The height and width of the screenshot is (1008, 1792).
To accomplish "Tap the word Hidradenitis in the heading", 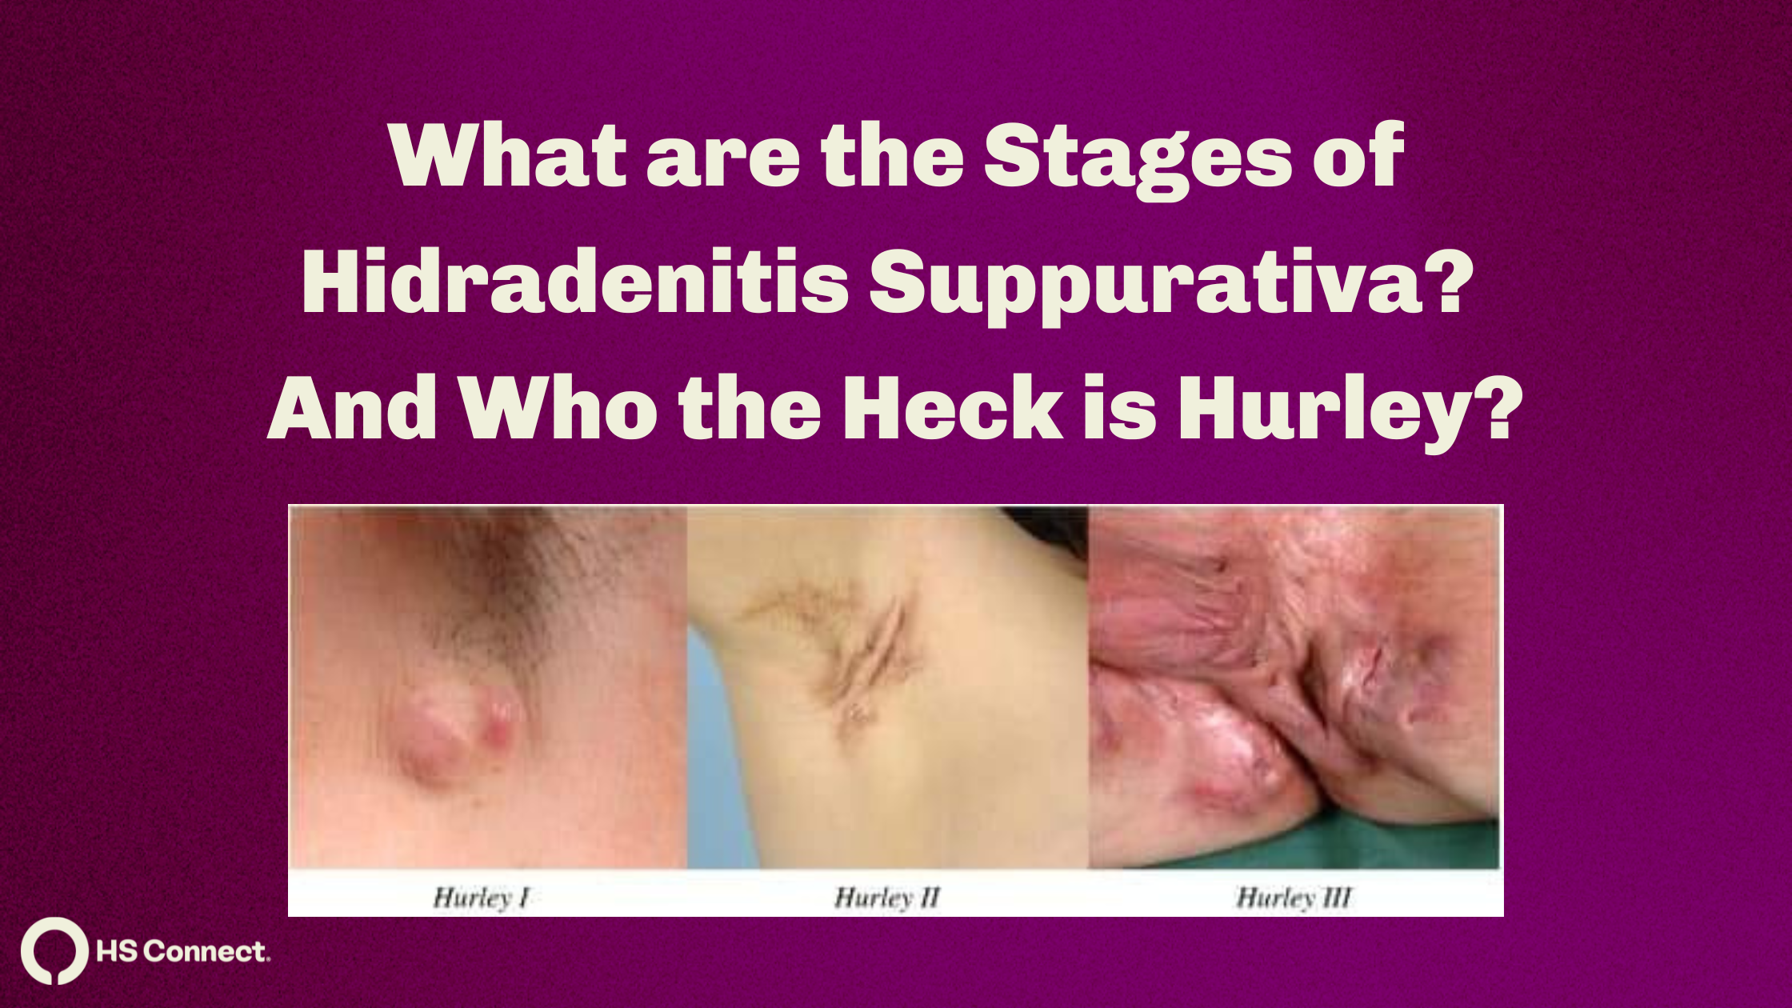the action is tap(575, 283).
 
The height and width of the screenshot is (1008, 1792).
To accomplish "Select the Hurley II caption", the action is tap(887, 898).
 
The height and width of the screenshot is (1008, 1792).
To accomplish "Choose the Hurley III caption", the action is tap(1294, 898).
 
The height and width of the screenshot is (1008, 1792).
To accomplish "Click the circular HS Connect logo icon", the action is tap(54, 950).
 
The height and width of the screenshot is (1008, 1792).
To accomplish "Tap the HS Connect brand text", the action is tap(183, 951).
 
